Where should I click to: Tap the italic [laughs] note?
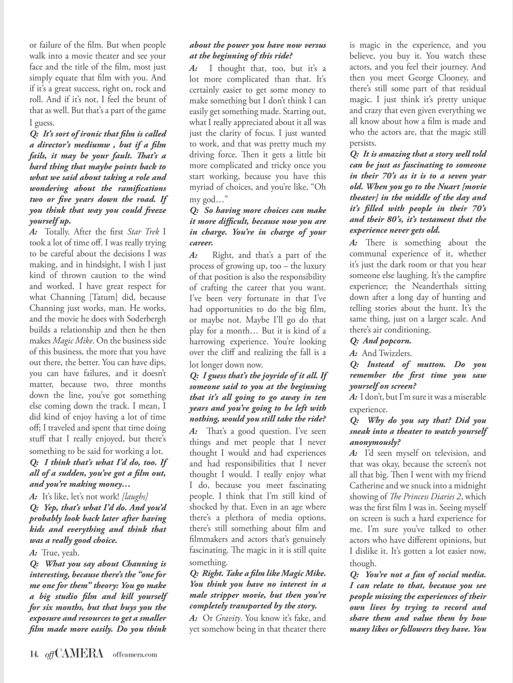pyautogui.click(x=135, y=496)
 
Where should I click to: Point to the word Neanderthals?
pyautogui.click(x=440, y=286)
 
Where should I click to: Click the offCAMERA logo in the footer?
pyautogui.click(x=73, y=654)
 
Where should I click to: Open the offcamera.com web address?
pyautogui.click(x=135, y=655)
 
